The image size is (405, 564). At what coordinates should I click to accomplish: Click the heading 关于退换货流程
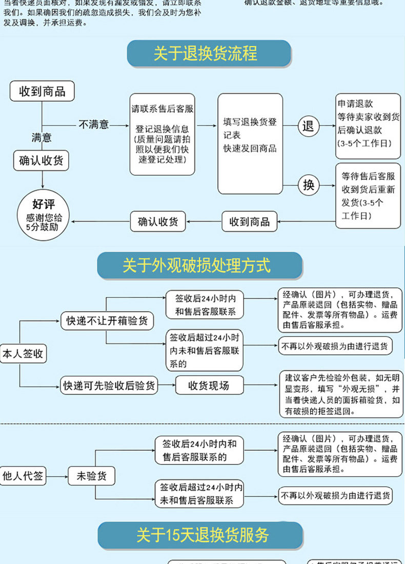(x=206, y=54)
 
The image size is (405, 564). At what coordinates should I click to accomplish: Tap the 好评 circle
(x=43, y=215)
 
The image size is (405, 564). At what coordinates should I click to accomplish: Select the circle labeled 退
(x=308, y=126)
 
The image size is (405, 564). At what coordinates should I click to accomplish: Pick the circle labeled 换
(x=308, y=185)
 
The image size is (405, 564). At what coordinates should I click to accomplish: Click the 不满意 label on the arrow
(x=94, y=125)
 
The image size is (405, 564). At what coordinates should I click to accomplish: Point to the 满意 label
(x=42, y=137)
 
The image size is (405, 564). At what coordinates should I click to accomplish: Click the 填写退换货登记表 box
(x=250, y=144)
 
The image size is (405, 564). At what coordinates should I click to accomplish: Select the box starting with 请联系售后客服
(x=163, y=134)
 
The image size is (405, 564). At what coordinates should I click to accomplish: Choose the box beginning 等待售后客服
(x=368, y=195)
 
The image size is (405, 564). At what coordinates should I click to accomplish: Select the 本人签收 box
(x=23, y=354)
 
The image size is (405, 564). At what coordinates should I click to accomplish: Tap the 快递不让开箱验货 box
(x=107, y=321)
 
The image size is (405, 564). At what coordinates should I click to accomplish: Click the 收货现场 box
(x=209, y=386)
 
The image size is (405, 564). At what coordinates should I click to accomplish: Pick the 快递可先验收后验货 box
(x=109, y=386)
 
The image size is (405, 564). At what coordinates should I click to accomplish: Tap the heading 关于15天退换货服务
(x=202, y=536)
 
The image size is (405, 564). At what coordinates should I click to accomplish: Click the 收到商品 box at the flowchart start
(x=42, y=92)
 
